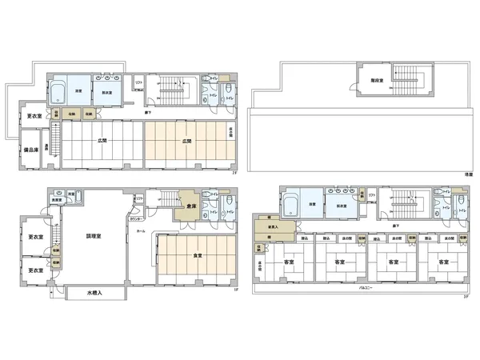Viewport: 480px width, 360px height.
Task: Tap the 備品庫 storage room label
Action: click(32, 150)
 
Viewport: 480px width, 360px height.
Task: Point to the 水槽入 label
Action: click(95, 294)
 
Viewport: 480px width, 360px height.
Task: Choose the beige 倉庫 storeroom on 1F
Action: click(192, 206)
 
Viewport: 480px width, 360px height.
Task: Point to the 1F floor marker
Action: click(234, 290)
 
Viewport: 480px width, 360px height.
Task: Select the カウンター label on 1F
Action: click(138, 218)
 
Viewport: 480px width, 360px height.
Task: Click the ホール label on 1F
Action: click(141, 231)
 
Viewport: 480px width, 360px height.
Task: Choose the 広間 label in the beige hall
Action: click(187, 142)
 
